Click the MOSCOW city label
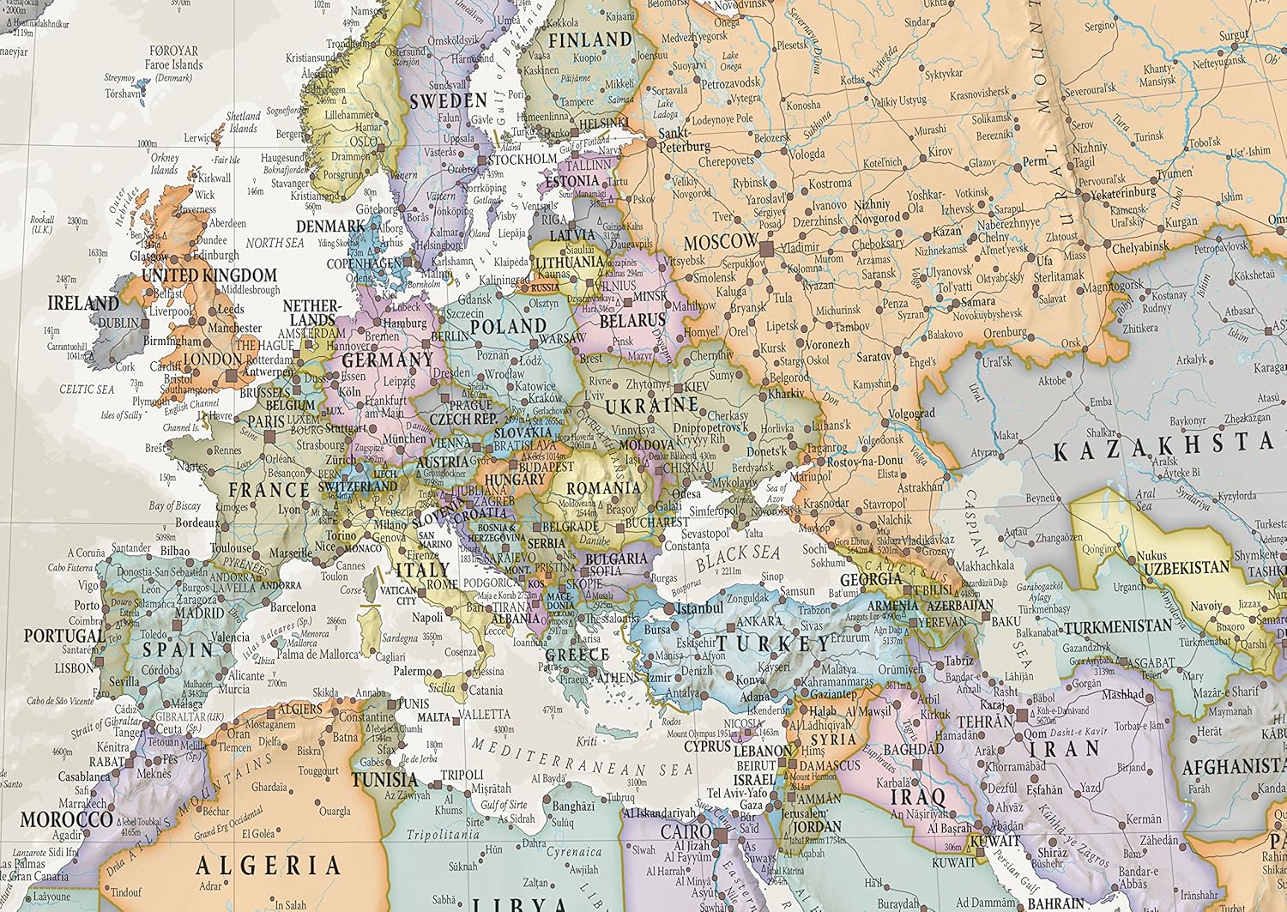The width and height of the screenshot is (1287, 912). [721, 242]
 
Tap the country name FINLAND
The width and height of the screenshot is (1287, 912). [589, 40]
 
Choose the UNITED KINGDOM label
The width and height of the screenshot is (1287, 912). [209, 275]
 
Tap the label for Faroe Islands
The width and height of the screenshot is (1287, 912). [173, 64]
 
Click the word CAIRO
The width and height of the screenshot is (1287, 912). [685, 831]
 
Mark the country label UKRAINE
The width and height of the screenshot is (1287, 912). [652, 404]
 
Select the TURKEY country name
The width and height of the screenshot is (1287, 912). [775, 643]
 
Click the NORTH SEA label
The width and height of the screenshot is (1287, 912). [275, 243]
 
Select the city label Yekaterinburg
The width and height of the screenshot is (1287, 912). [1117, 193]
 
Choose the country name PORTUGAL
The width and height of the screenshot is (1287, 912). [63, 636]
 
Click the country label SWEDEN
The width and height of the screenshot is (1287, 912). [448, 100]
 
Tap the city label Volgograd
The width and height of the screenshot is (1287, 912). [911, 414]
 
